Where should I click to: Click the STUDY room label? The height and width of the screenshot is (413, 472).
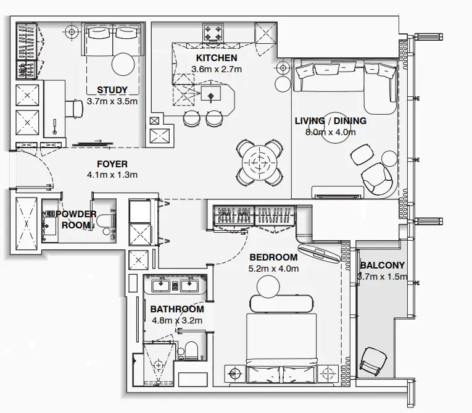(x=112, y=90)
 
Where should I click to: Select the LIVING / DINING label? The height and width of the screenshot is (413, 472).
(x=330, y=120)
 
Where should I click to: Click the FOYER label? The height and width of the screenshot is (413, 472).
(x=112, y=164)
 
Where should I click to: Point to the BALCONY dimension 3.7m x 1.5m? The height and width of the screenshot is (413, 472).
(x=383, y=277)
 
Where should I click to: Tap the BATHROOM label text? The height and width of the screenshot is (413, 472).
(x=177, y=309)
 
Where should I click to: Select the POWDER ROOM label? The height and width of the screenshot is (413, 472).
(x=77, y=219)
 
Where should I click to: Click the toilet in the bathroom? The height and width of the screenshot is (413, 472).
(x=191, y=351)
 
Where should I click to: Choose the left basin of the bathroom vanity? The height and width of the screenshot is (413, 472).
(x=161, y=285)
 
